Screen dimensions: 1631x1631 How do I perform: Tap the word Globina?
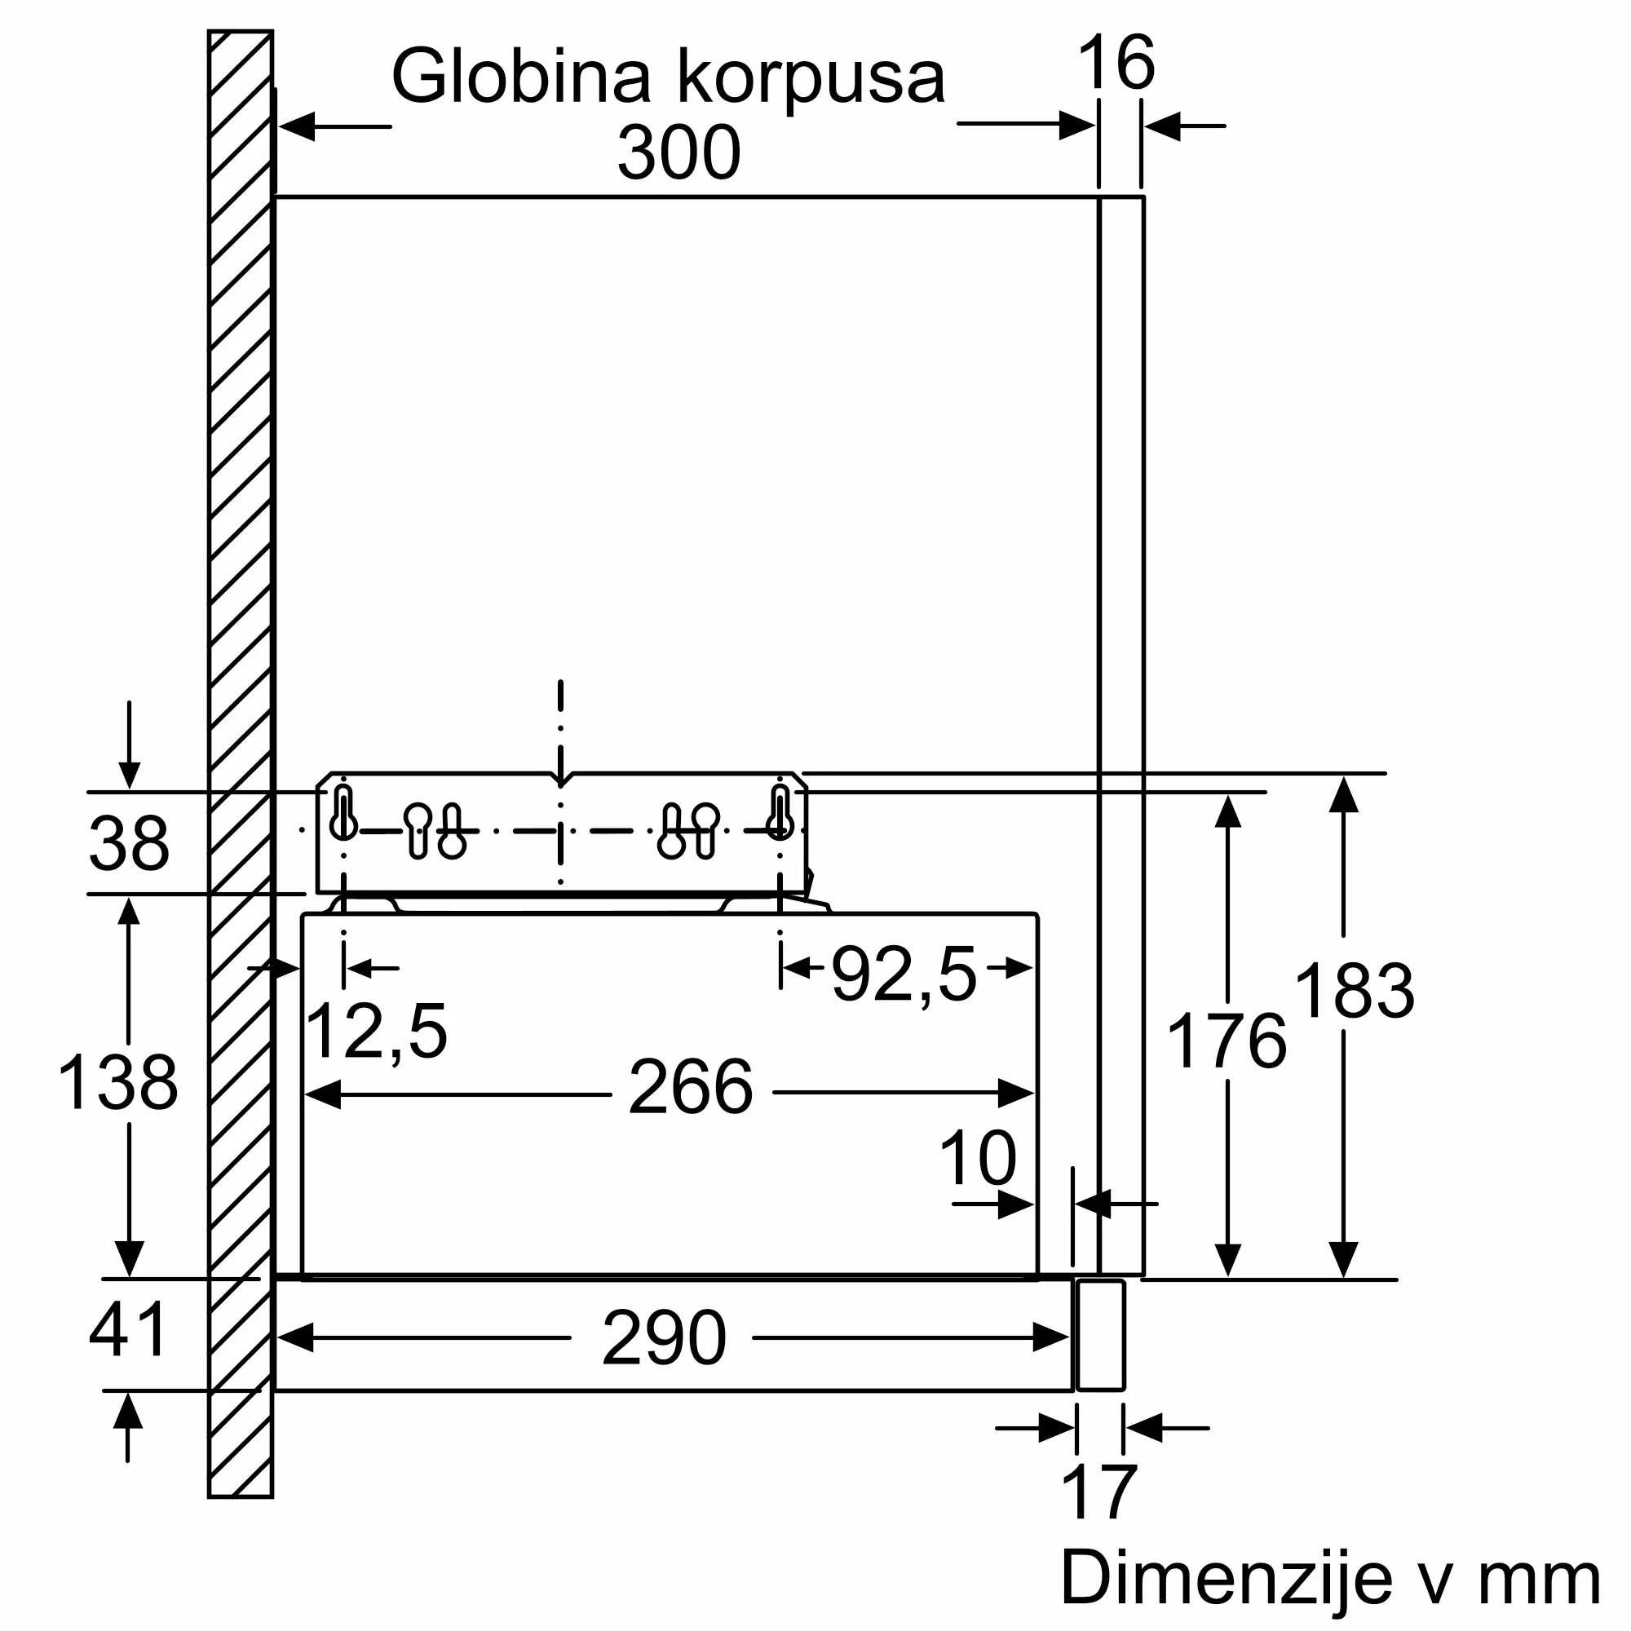click(x=520, y=77)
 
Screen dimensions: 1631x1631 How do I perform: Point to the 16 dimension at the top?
click(x=1116, y=64)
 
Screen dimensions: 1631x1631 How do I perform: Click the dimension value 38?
click(x=128, y=843)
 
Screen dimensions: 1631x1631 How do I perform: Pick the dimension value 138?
click(x=117, y=1082)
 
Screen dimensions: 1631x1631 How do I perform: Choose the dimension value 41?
click(x=128, y=1329)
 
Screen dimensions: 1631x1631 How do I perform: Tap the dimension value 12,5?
click(x=376, y=1031)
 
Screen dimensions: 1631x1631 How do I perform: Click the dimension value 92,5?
click(x=904, y=975)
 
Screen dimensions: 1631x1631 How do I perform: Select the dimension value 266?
click(x=690, y=1088)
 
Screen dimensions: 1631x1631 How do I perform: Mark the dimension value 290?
click(x=664, y=1338)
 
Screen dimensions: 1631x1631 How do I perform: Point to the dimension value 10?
click(x=978, y=1159)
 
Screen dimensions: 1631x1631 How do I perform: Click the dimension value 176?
click(x=1226, y=1042)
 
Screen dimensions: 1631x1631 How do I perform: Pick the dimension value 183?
click(x=1353, y=991)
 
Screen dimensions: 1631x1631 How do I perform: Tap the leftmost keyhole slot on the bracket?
click(x=343, y=812)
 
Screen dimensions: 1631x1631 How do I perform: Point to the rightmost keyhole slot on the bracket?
click(x=780, y=812)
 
